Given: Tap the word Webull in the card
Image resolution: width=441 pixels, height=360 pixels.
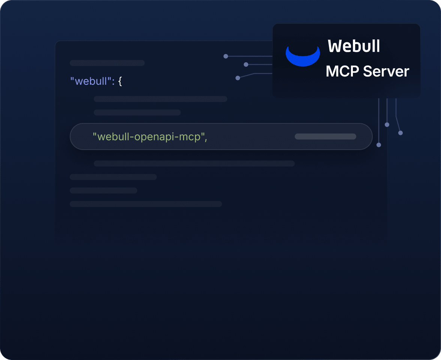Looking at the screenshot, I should [x=354, y=46].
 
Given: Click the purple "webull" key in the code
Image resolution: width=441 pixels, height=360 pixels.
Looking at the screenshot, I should [x=91, y=81].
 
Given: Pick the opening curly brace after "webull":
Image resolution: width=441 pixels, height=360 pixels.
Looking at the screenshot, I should [x=120, y=81].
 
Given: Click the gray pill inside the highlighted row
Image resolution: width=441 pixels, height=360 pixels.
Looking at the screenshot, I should [x=325, y=136].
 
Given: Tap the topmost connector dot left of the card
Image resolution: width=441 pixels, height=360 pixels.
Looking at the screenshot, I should [x=226, y=56].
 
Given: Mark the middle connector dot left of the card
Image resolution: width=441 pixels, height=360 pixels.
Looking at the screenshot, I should [x=246, y=64].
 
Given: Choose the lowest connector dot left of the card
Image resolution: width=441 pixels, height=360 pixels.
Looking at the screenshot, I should [x=238, y=78].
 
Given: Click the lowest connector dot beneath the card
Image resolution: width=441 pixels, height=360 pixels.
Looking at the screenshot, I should [x=379, y=145].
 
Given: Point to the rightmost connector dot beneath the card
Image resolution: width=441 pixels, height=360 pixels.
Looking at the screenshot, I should [x=400, y=133].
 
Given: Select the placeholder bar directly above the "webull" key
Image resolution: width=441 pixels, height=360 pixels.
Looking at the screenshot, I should [x=107, y=63].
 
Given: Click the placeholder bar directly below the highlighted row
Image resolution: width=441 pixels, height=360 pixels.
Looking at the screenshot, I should [x=194, y=163].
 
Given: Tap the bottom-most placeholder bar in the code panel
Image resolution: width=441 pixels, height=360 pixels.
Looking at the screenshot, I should [x=146, y=204].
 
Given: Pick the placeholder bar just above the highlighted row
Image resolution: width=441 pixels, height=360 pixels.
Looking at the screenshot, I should [x=137, y=112].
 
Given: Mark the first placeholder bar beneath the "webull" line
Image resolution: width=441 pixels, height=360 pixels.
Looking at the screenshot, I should [x=160, y=99].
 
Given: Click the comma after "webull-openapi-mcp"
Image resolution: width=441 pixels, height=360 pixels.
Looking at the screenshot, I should [x=206, y=139].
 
